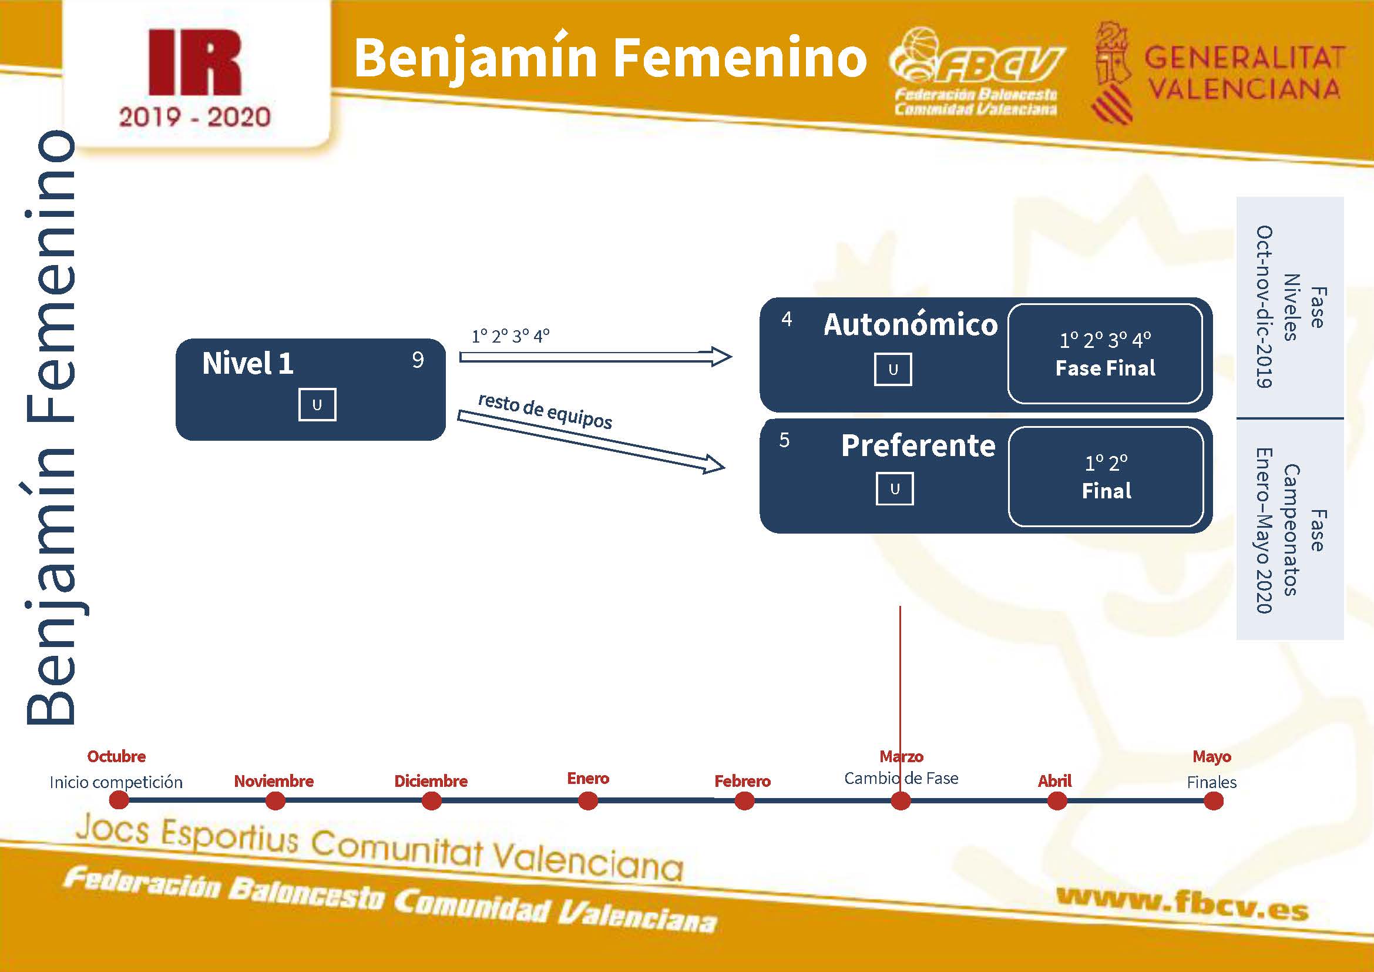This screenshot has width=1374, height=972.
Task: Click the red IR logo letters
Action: click(195, 63)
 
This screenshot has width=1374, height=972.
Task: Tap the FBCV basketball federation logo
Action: click(976, 71)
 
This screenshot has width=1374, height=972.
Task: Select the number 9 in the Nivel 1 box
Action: click(418, 360)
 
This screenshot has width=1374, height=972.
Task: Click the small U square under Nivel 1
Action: click(317, 404)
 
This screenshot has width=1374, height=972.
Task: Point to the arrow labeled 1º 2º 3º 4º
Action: click(596, 357)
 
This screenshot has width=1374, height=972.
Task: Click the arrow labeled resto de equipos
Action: click(592, 441)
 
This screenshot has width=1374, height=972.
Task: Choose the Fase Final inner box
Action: click(1105, 354)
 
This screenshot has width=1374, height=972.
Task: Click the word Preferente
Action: click(918, 446)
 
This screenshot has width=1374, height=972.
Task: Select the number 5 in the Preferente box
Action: click(785, 441)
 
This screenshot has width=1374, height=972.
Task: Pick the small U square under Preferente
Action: click(895, 489)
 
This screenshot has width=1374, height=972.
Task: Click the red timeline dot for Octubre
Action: click(119, 801)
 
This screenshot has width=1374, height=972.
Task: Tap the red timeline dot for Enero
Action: click(588, 801)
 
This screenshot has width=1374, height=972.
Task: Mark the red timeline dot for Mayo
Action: click(1213, 801)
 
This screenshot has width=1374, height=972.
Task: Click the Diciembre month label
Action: click(431, 781)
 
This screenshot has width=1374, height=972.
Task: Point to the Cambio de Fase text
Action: click(901, 778)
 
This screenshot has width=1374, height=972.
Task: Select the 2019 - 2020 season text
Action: click(194, 118)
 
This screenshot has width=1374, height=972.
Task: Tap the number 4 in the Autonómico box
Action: click(787, 319)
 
